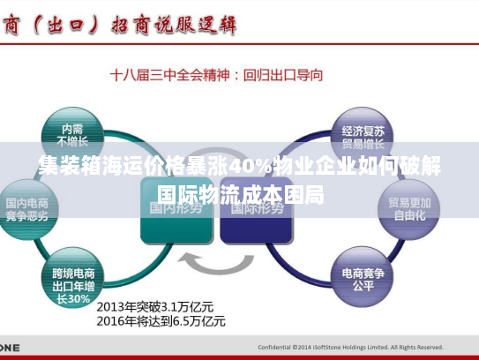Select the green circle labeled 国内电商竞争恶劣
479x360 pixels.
[34, 206]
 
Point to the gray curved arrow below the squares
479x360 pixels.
[216, 265]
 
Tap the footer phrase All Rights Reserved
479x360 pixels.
[415, 347]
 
